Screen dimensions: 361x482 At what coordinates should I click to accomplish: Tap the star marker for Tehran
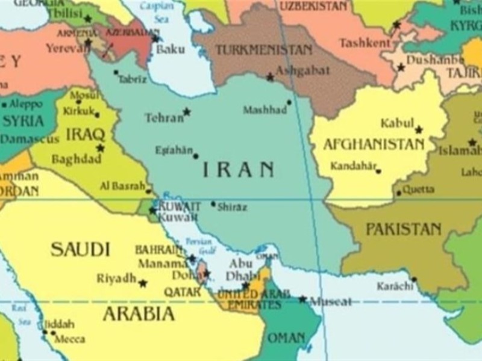click(187, 111)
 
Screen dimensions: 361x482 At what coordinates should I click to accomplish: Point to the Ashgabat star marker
click(271, 77)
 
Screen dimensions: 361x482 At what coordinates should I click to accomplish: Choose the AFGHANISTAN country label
click(374, 144)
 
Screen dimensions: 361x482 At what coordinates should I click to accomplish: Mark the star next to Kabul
click(419, 129)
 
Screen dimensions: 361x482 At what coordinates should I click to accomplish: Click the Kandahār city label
click(352, 165)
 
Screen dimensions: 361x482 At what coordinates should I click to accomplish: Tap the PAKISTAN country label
click(403, 229)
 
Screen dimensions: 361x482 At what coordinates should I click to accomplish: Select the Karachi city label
click(395, 286)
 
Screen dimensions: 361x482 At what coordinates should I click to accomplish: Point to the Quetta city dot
click(399, 193)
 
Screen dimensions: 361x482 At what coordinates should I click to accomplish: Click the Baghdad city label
click(77, 160)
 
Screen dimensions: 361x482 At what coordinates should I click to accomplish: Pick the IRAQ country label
click(86, 134)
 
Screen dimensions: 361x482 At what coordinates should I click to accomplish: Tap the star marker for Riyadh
click(143, 283)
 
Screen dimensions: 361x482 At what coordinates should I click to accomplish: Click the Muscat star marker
click(302, 299)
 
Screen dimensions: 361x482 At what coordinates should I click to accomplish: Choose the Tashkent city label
click(365, 43)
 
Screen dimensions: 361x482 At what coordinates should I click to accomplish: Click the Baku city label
click(171, 49)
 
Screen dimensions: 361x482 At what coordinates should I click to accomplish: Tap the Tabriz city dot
click(116, 73)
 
